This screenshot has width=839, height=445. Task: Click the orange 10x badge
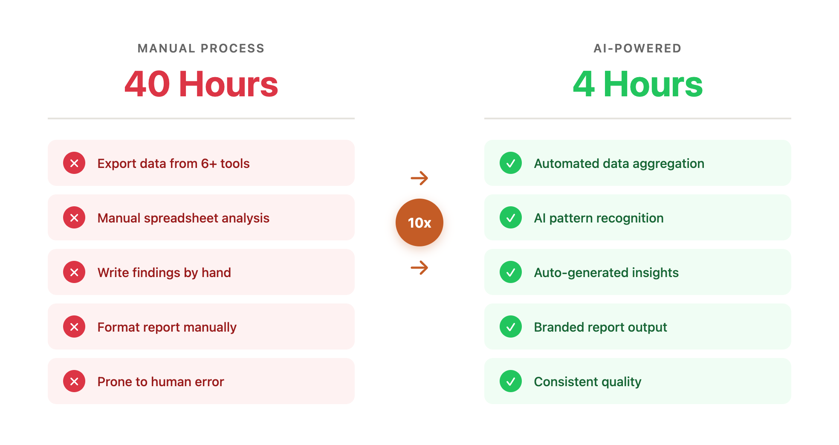(419, 222)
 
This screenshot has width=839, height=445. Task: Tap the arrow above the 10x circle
(419, 178)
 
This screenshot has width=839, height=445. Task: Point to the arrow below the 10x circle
(419, 268)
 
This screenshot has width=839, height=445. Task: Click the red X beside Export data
(74, 163)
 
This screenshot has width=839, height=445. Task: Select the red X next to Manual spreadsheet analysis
(74, 217)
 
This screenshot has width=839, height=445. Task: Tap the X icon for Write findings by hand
(74, 272)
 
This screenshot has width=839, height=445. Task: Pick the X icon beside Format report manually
(74, 327)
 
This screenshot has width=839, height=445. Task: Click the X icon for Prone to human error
(74, 381)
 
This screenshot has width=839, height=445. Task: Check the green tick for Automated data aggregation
(511, 163)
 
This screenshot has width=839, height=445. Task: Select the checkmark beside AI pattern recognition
(511, 217)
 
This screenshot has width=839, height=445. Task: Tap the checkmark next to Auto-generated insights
(511, 272)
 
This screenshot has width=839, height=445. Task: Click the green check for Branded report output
(511, 327)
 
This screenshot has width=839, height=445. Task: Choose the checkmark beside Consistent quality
(511, 381)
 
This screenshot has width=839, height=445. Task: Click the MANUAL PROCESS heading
(201, 49)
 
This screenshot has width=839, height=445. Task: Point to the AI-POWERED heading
(637, 49)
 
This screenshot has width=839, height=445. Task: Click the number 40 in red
(148, 84)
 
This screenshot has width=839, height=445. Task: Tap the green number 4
(584, 84)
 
